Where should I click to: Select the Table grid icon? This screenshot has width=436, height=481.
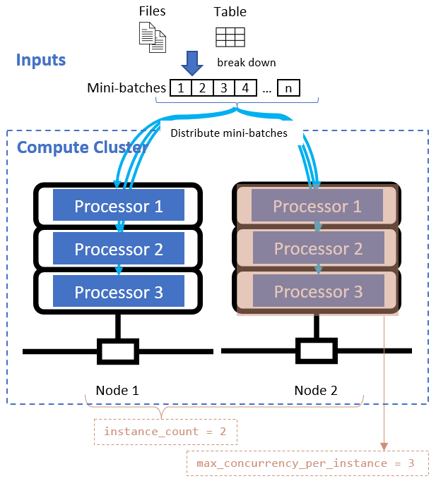click(x=230, y=37)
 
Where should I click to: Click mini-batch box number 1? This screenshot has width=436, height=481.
click(x=182, y=88)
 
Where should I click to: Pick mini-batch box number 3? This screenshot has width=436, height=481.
click(x=223, y=88)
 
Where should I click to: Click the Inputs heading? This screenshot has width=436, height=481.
click(x=41, y=60)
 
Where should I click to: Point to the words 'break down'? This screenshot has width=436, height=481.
click(x=246, y=62)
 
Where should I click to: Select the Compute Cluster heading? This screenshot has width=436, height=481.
click(x=81, y=147)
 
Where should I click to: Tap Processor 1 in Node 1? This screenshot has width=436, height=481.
click(x=119, y=206)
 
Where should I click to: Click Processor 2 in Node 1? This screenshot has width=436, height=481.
click(x=119, y=249)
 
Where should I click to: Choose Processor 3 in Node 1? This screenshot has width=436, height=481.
click(x=119, y=291)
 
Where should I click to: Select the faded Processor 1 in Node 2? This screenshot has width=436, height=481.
click(x=317, y=206)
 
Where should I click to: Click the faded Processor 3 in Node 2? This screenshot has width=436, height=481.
click(x=317, y=291)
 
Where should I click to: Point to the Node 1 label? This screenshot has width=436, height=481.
click(x=117, y=390)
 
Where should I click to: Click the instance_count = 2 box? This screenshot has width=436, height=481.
click(x=165, y=431)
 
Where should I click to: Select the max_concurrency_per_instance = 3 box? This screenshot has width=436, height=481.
click(x=307, y=463)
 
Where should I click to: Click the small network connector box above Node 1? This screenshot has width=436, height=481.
click(x=117, y=351)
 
